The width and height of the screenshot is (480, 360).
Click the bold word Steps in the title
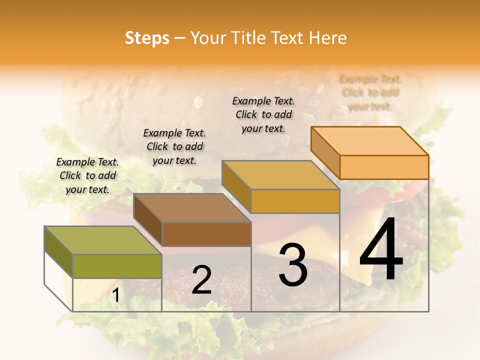coord(147,38)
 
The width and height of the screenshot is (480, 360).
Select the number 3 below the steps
coord(292,265)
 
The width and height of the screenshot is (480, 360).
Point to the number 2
coord(201,280)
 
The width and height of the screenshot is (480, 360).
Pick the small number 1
coord(115,295)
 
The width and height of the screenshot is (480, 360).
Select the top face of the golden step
coord(280,175)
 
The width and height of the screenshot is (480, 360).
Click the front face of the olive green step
coord(117,266)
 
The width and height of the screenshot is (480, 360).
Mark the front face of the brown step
coord(206,234)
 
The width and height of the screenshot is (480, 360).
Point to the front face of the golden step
coord(295,201)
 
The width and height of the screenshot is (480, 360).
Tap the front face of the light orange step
coord(384,167)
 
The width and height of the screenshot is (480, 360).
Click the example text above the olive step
coord(87,175)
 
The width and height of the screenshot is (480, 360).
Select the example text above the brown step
coord(174,146)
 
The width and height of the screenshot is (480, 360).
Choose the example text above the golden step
coord(263,114)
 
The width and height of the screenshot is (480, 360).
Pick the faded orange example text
coord(370,92)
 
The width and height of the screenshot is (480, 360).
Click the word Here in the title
coord(328,38)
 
